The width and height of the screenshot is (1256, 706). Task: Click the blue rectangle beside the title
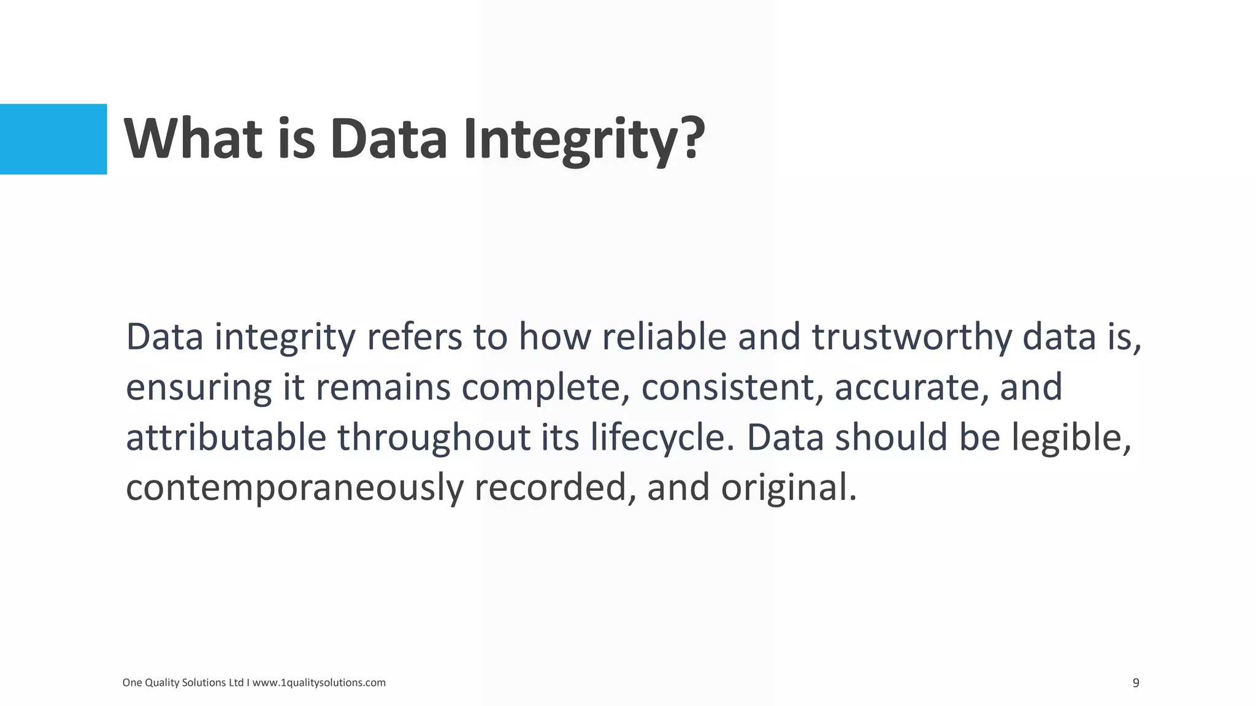point(53,139)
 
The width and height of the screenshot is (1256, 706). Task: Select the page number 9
point(1136,683)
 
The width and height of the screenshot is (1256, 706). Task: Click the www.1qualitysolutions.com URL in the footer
point(319,683)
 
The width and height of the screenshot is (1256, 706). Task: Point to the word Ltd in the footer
point(236,683)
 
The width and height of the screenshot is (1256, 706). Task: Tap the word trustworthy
point(911,337)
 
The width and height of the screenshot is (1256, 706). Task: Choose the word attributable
point(226,438)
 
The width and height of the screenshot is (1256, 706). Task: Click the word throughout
point(434,438)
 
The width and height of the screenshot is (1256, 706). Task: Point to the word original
point(787,488)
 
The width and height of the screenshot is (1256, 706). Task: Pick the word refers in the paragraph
point(414,337)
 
